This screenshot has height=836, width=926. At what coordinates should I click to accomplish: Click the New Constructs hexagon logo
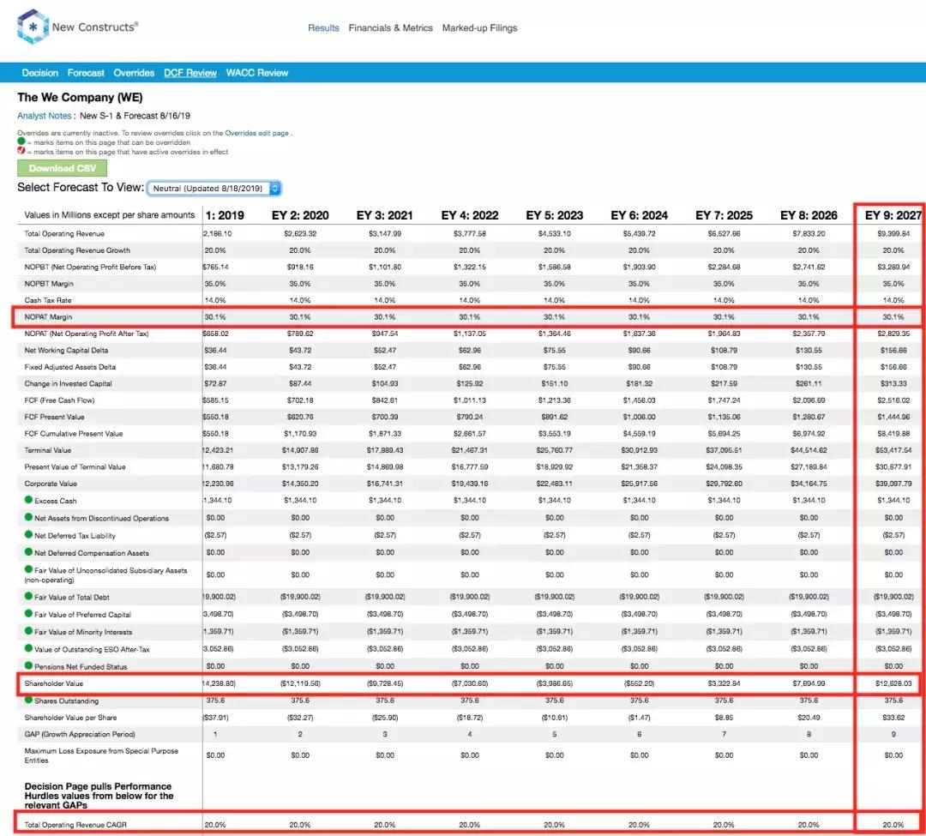(32, 27)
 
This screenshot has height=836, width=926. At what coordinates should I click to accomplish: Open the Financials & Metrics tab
(390, 28)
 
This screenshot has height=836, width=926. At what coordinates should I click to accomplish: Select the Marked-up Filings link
(479, 28)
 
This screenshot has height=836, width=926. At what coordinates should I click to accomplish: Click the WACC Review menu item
(257, 73)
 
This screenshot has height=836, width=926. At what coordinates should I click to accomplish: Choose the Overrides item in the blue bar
(134, 73)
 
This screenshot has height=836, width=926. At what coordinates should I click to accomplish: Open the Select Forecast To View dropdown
(213, 188)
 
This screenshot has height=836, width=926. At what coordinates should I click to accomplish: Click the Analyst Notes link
(45, 116)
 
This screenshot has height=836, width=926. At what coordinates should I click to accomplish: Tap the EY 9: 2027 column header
(893, 215)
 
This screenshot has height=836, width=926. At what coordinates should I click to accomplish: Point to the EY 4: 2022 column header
(469, 215)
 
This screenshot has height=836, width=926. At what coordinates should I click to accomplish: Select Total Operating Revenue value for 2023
(554, 233)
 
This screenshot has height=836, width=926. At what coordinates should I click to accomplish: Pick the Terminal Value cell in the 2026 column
(808, 450)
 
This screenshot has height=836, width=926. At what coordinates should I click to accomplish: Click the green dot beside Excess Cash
(28, 500)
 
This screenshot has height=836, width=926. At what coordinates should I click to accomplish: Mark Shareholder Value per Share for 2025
(724, 718)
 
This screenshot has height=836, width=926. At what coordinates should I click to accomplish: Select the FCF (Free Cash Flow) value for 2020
(300, 400)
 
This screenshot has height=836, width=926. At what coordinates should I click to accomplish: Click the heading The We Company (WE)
(80, 97)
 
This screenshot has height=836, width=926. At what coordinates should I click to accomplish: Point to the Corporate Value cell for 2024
(639, 484)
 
